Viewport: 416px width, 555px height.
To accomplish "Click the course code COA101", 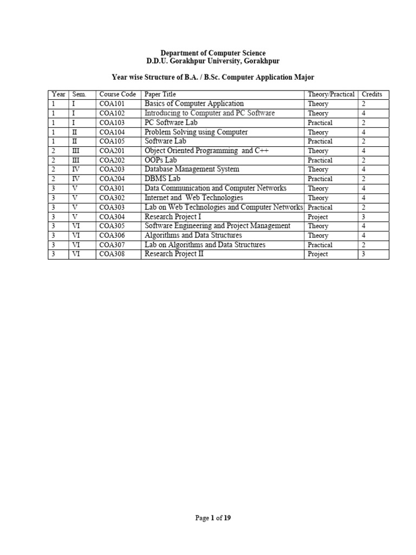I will coord(112,104).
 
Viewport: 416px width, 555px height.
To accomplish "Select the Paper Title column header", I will coord(160,94).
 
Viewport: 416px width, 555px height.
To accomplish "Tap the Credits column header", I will coord(372,94).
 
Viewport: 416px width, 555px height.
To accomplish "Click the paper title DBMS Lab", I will coord(162,179).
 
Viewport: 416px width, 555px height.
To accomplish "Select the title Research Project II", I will coord(174,254).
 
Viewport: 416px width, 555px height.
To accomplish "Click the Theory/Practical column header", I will coord(331,94).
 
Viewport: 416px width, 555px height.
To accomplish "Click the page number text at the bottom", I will coord(213,519).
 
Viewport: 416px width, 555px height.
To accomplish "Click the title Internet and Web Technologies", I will coord(193,198).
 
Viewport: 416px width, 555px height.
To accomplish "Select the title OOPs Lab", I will coord(160,160).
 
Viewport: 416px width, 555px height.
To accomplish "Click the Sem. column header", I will coord(79,94).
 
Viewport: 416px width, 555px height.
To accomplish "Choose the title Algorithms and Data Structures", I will coord(193,236).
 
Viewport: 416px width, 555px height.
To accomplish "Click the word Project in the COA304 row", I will coord(318,217).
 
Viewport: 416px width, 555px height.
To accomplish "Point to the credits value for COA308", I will coord(363,254).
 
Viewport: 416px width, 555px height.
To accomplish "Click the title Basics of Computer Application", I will coord(194,104).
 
